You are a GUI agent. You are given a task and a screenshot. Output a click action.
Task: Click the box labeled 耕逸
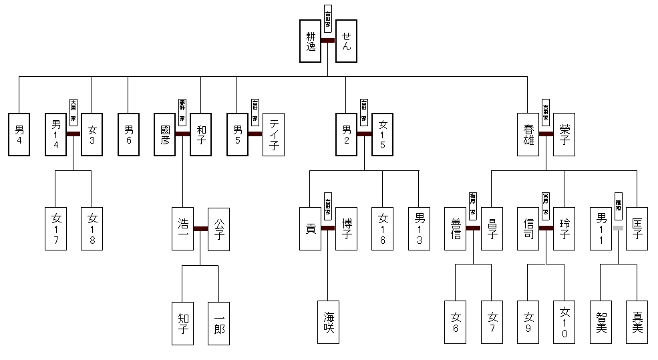click(310, 41)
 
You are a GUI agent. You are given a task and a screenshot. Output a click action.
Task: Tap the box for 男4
click(19, 134)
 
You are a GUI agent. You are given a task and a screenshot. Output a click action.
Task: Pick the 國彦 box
click(164, 134)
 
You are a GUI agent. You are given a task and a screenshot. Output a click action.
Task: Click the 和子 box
click(200, 134)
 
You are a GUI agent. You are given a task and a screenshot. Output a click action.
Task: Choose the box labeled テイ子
click(273, 134)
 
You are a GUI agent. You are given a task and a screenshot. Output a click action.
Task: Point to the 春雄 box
click(528, 134)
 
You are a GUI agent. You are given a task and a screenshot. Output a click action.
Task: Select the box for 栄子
click(564, 134)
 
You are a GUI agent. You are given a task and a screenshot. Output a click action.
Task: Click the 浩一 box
click(182, 228)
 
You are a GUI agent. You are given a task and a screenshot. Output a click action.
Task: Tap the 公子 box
click(218, 228)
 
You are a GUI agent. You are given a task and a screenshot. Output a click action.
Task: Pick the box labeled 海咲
click(328, 323)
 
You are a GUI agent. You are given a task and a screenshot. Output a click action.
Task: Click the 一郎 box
click(218, 323)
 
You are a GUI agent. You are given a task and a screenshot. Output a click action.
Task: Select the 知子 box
click(182, 323)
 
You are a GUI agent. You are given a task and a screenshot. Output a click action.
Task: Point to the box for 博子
click(346, 228)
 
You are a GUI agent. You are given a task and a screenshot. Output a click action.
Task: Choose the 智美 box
click(601, 323)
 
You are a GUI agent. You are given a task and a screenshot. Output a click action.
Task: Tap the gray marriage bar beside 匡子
click(619, 228)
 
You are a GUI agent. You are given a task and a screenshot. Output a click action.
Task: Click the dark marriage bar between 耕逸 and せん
click(328, 41)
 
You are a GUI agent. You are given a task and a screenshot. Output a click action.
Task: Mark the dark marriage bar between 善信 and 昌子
click(473, 228)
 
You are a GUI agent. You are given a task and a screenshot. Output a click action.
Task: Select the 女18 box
click(92, 228)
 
